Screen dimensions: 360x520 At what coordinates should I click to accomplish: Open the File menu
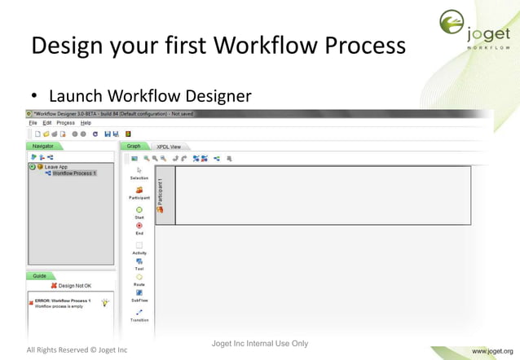click(33, 122)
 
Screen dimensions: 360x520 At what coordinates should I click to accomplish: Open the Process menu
click(66, 122)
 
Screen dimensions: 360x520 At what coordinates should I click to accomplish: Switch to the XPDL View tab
click(169, 147)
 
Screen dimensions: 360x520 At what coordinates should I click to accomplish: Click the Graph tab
click(134, 147)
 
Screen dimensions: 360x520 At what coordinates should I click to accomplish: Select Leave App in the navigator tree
click(55, 167)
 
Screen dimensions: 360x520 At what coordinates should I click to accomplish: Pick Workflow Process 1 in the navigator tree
click(73, 173)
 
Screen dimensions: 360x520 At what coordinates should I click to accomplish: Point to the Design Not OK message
click(73, 286)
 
